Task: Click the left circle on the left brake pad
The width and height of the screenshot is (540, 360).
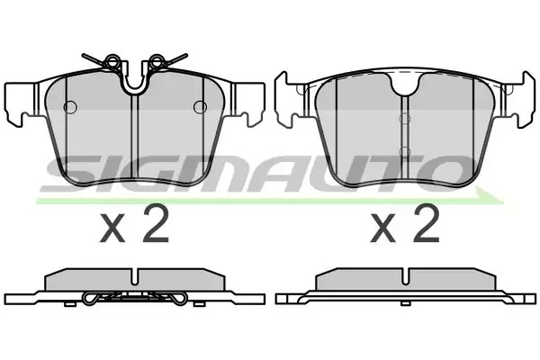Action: click(70, 107)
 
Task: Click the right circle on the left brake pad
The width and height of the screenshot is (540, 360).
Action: click(200, 107)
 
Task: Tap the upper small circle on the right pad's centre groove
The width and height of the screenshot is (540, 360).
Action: click(405, 119)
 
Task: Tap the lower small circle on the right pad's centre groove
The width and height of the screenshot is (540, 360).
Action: click(405, 151)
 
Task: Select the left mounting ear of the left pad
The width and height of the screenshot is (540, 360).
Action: click(22, 103)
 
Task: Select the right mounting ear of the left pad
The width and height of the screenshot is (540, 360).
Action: click(248, 103)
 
